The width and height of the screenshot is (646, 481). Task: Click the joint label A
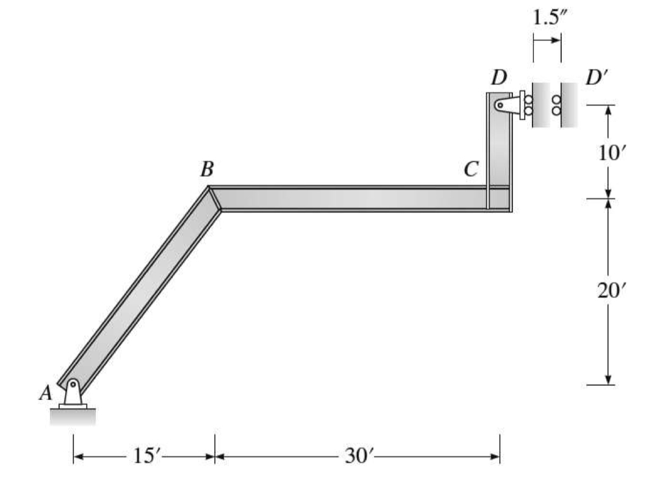[x=46, y=394]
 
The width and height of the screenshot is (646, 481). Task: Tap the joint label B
[x=207, y=169]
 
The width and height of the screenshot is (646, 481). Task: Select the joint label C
[x=470, y=169]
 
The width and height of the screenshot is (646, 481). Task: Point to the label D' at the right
[x=595, y=79]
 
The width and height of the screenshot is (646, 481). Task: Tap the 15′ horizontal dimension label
[x=144, y=457]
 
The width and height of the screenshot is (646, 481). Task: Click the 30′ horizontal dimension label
[x=357, y=457]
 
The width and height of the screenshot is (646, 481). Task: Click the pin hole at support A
[x=73, y=384]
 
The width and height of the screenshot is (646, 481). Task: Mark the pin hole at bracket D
[x=500, y=105]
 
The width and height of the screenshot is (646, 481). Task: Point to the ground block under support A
[x=73, y=416]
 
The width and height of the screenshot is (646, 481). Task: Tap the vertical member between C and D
[x=498, y=152]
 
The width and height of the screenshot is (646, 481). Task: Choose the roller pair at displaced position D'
[x=557, y=105]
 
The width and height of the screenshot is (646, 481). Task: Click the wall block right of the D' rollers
[x=570, y=105]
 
